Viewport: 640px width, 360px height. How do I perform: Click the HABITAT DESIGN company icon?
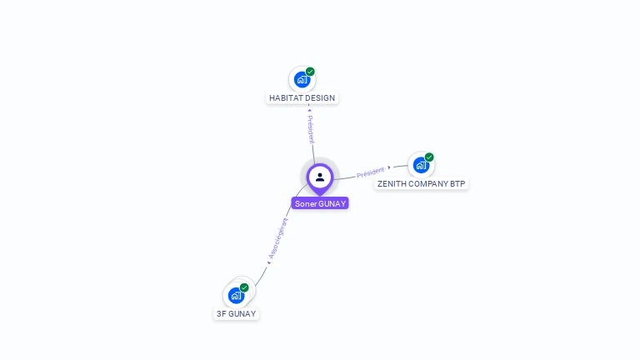point(302,80)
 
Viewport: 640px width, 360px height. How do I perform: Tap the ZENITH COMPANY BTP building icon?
point(421,165)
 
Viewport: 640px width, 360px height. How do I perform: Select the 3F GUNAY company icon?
point(236,296)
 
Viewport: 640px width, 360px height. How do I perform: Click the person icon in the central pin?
point(320,177)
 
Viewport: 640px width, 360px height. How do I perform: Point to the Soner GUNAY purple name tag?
point(320,203)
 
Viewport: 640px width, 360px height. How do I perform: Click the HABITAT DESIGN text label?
point(302,98)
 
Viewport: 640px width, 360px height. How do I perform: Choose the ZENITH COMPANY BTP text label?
point(421,183)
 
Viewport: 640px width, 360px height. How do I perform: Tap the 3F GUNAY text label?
point(236,313)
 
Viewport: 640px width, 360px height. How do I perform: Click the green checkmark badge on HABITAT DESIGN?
point(310,72)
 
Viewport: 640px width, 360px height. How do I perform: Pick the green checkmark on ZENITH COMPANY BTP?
point(429,157)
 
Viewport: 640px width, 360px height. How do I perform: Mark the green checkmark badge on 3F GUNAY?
point(244,287)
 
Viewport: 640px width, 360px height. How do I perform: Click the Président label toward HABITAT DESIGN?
point(311,129)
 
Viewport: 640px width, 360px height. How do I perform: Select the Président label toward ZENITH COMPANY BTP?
point(371,172)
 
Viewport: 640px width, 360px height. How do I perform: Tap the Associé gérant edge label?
point(278,238)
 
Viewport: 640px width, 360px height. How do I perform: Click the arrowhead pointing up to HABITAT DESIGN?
point(309,110)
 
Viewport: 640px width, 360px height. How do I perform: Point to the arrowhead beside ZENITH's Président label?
point(389,167)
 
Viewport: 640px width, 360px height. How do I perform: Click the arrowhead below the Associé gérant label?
point(269,262)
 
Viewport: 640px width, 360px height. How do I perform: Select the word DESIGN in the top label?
point(321,98)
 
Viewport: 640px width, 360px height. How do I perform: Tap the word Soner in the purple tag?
point(305,203)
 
